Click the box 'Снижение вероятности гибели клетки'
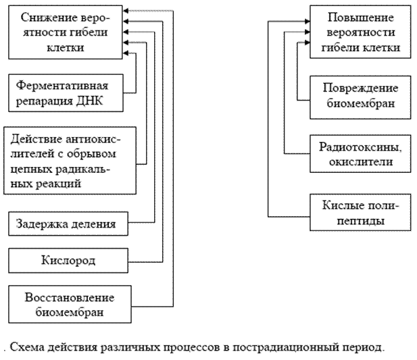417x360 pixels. (66, 32)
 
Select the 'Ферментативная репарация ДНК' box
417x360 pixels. (66, 93)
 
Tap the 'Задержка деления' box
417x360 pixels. (68, 224)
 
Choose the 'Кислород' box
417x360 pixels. (68, 261)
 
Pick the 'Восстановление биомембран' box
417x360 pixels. (70, 305)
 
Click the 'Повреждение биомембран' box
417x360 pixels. (360, 97)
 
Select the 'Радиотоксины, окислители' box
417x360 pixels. (360, 154)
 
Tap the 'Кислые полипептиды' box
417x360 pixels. (360, 213)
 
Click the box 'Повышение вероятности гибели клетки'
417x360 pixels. (360, 32)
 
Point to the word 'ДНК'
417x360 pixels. (89, 101)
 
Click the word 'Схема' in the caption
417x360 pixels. (27, 347)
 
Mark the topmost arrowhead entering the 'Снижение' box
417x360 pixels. (126, 11)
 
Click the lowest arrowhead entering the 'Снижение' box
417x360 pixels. (126, 53)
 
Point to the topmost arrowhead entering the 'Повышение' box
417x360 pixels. (308, 21)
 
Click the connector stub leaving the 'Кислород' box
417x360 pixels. (145, 262)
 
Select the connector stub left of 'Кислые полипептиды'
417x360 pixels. (289, 217)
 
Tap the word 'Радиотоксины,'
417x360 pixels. (360, 147)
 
